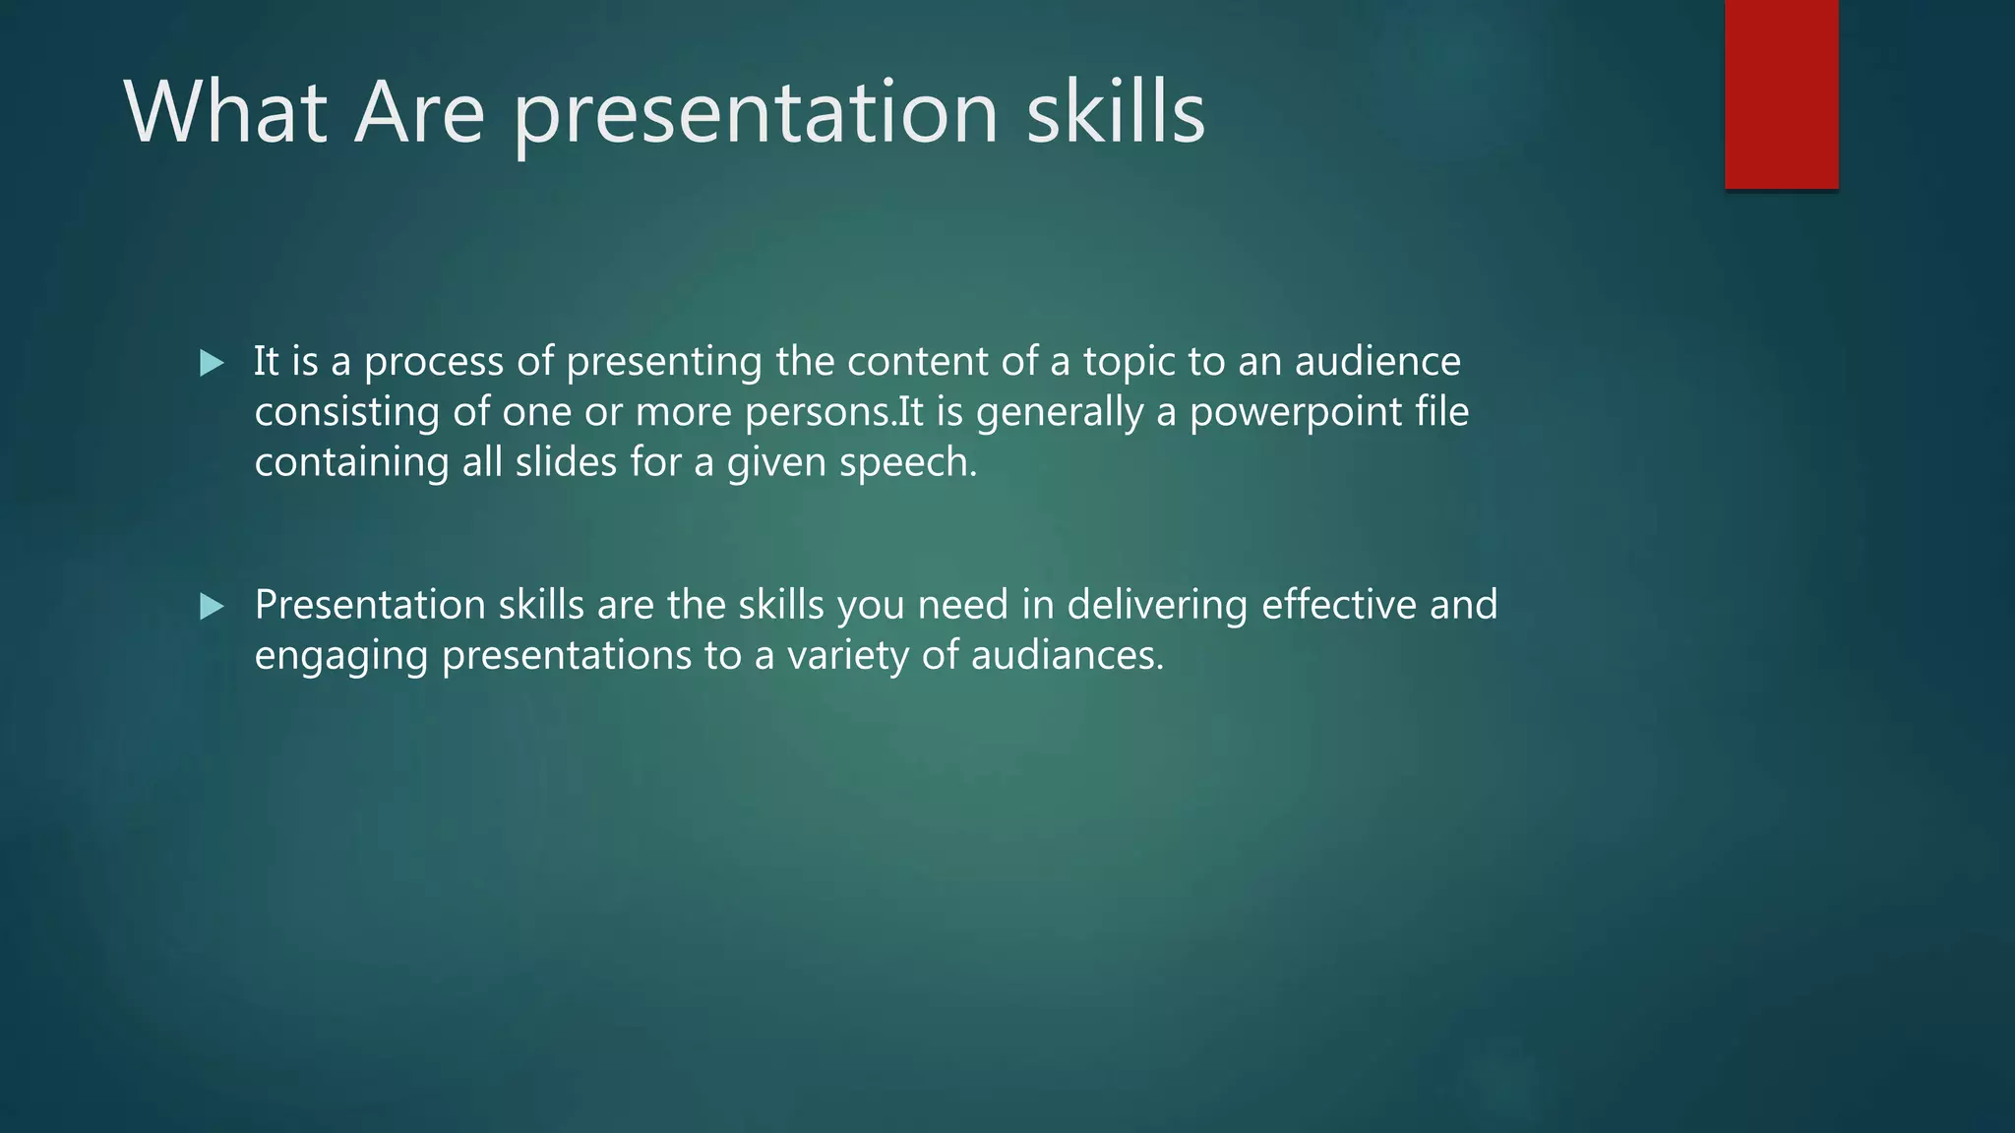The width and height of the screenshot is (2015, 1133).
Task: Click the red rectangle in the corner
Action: tap(1781, 94)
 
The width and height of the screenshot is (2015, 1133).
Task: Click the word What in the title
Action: tap(225, 112)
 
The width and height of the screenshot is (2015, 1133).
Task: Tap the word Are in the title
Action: tap(419, 112)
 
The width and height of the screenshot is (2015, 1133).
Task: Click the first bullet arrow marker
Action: tap(212, 364)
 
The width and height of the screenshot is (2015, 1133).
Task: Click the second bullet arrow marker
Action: tap(212, 607)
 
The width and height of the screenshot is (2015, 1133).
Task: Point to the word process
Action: tap(434, 362)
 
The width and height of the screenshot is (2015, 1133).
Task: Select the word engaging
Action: tap(340, 656)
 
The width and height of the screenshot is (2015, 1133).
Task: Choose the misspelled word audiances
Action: tap(1067, 656)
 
